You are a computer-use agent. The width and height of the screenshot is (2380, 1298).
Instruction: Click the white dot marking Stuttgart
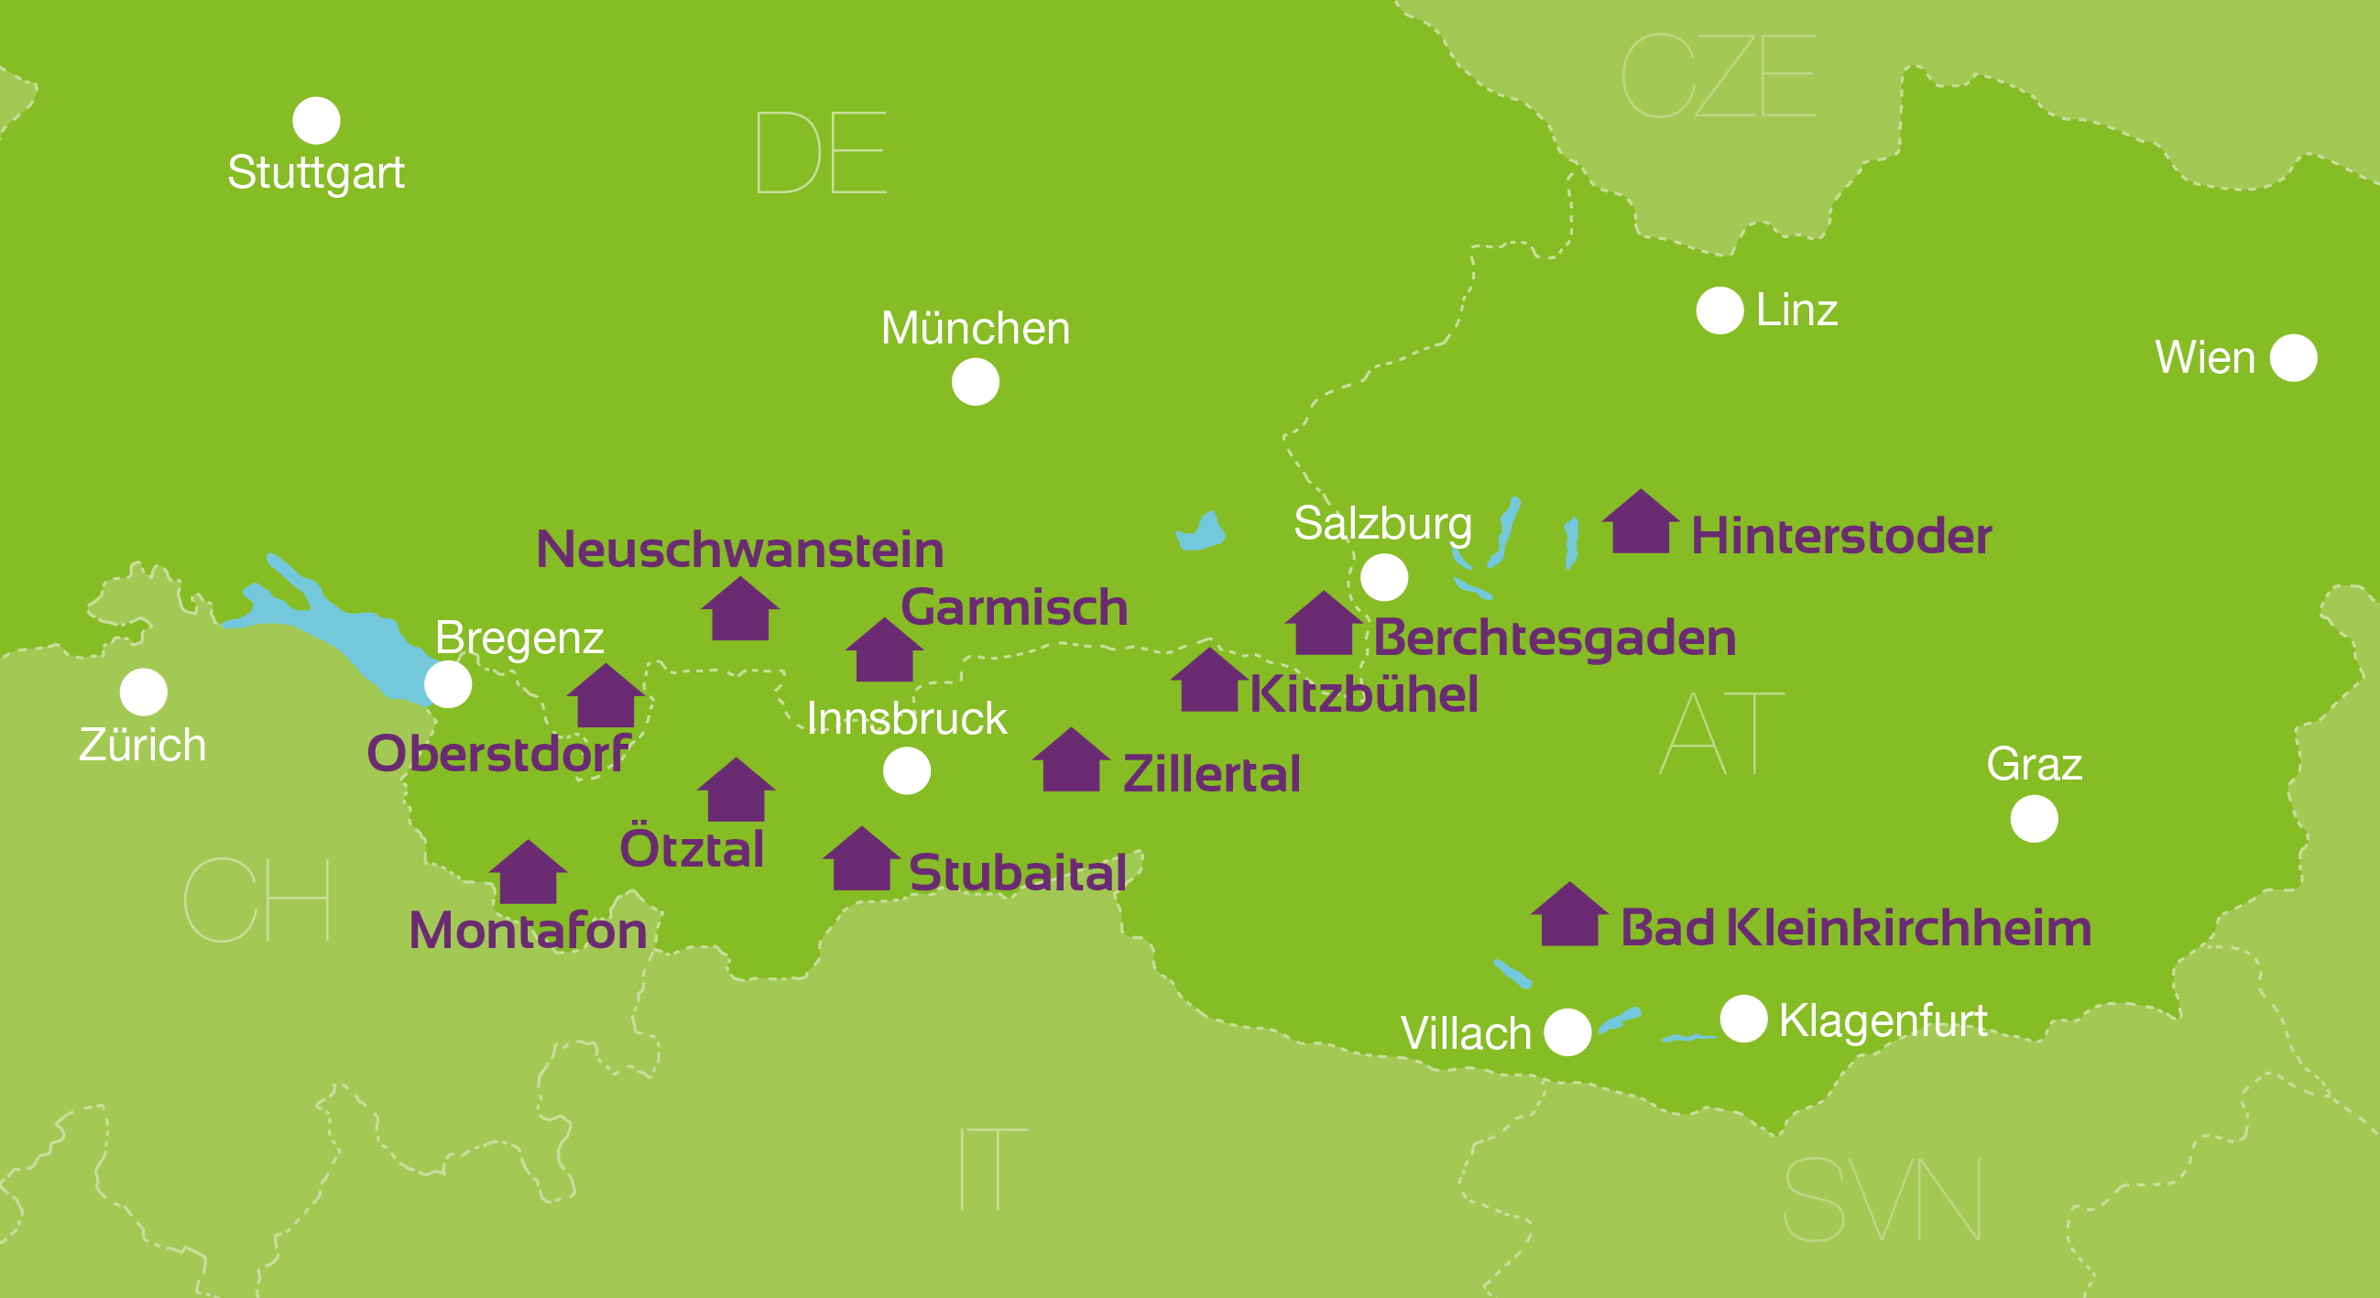(x=316, y=121)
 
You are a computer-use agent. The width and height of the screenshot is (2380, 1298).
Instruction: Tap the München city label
(x=976, y=328)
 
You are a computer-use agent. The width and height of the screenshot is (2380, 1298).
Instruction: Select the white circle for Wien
(x=2293, y=357)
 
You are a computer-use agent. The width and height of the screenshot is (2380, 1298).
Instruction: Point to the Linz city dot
(x=1719, y=311)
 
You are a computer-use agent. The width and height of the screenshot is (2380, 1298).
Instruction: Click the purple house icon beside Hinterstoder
(x=1640, y=525)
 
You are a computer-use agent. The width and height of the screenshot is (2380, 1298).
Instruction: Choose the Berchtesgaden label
(x=1554, y=638)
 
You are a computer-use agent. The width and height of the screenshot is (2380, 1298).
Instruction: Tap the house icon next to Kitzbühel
(x=1208, y=682)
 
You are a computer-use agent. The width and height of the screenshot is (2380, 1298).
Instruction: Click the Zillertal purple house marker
(x=1071, y=762)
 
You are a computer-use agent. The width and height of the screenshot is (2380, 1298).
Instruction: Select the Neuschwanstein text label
(x=740, y=551)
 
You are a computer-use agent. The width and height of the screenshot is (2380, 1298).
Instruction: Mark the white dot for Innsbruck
(x=906, y=770)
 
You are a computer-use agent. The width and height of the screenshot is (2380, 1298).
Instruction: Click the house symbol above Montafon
(x=528, y=875)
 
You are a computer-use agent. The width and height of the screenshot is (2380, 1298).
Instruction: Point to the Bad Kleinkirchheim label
(x=1855, y=928)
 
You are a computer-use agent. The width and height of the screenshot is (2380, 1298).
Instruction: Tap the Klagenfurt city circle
(x=1742, y=1019)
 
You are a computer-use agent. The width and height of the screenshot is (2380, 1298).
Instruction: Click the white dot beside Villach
(x=1567, y=1032)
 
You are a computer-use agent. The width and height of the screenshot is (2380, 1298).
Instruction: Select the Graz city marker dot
(x=2034, y=819)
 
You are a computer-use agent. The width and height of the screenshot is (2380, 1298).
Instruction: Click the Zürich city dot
(x=143, y=692)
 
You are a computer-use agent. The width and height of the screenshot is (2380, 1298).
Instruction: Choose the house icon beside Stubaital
(x=861, y=861)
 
